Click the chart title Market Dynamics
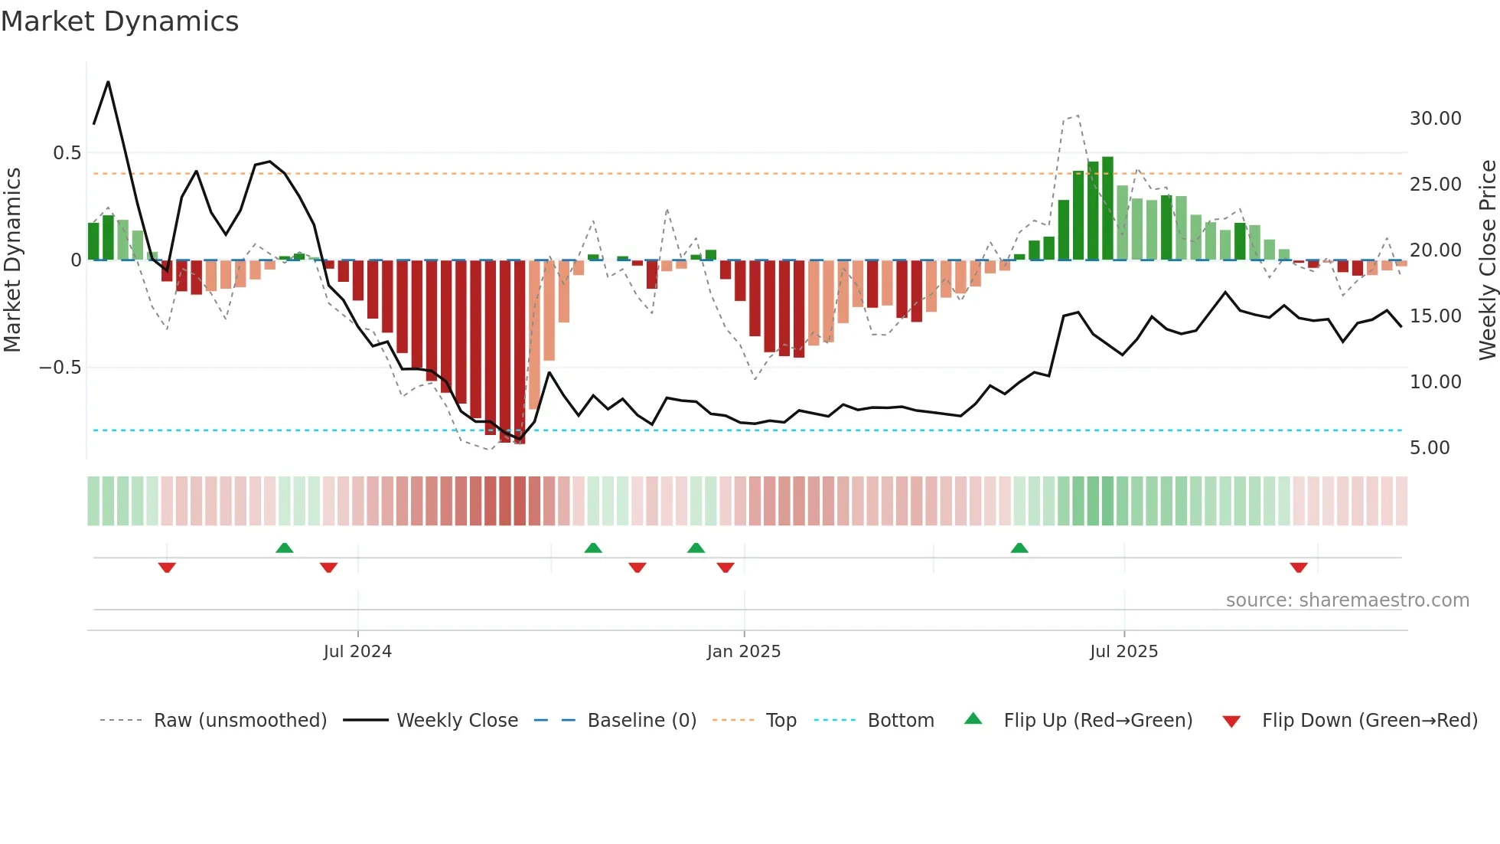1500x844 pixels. pyautogui.click(x=119, y=21)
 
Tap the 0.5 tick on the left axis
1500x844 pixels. pyautogui.click(x=67, y=153)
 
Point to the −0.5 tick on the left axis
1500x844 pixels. pyautogui.click(x=60, y=368)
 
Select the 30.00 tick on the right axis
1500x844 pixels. pyautogui.click(x=1435, y=119)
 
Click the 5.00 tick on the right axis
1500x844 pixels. pyautogui.click(x=1430, y=448)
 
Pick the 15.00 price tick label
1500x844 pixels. pyautogui.click(x=1435, y=316)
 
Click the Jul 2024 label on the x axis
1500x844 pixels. pyautogui.click(x=357, y=652)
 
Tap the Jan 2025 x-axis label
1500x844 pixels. pyautogui.click(x=743, y=652)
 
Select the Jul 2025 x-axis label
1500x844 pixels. pyautogui.click(x=1123, y=652)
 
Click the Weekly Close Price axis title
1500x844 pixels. pyautogui.click(x=1487, y=260)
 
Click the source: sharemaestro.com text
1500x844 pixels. pyautogui.click(x=1347, y=600)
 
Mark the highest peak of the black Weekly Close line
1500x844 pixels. pyautogui.click(x=108, y=82)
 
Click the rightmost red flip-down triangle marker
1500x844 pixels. pyautogui.click(x=1298, y=568)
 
